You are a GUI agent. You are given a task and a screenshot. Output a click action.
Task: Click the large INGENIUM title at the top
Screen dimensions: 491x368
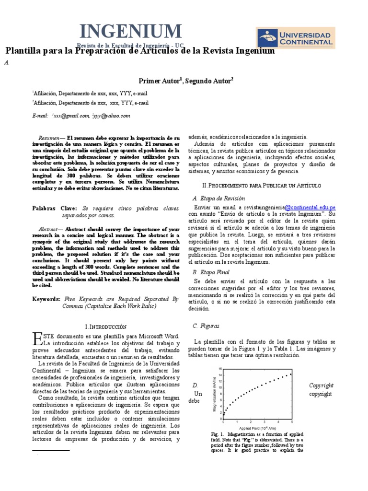(130, 32)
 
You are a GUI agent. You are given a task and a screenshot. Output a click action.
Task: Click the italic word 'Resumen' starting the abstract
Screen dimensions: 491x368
(49, 138)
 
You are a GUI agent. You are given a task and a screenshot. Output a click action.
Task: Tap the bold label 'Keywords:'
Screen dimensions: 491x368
(47, 299)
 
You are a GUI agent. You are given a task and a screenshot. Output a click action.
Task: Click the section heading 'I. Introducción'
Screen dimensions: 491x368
(105, 326)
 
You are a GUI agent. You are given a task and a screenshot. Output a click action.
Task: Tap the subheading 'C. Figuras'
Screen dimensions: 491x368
(206, 326)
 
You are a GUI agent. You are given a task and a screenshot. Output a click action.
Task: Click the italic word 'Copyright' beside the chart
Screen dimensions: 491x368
(321, 386)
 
